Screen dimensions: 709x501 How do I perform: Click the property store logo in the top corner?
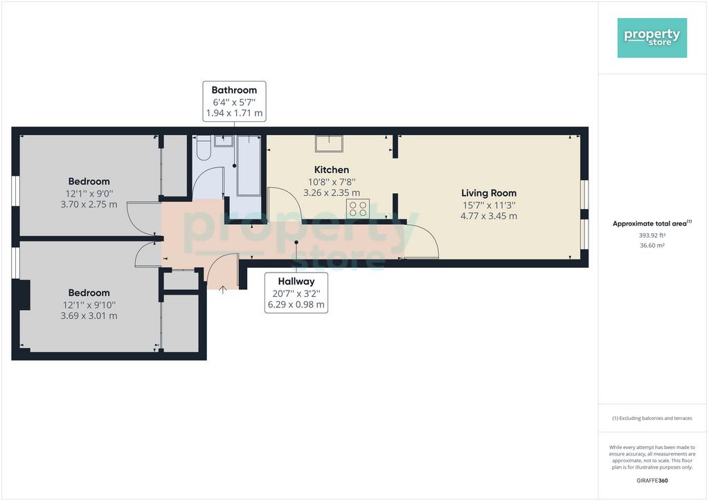[x=652, y=38]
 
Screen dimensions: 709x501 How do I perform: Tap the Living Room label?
[x=489, y=193]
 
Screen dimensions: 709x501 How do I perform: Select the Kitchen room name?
[x=332, y=170]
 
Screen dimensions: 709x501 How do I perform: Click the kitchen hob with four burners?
[x=358, y=209]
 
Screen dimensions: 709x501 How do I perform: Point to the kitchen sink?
[x=329, y=144]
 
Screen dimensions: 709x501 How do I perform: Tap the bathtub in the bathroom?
[x=249, y=165]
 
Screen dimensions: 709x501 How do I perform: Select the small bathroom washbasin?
[x=224, y=141]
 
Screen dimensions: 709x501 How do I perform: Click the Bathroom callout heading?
[x=234, y=90]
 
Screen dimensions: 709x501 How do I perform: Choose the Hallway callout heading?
[x=296, y=281]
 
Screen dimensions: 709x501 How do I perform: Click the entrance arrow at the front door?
[x=222, y=289]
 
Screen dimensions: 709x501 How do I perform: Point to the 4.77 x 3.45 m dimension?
[x=489, y=216]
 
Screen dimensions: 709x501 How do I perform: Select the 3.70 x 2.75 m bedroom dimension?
[x=89, y=204]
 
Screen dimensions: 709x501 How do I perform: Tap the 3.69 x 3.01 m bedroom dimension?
[x=89, y=316]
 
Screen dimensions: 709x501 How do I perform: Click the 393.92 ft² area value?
[x=652, y=235]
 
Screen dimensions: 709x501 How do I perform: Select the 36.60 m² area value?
[x=652, y=245]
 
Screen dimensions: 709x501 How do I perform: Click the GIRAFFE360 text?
[x=652, y=481]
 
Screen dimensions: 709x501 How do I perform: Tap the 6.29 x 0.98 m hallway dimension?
[x=296, y=304]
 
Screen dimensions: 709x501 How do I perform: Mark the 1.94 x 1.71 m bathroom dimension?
[x=234, y=113]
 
